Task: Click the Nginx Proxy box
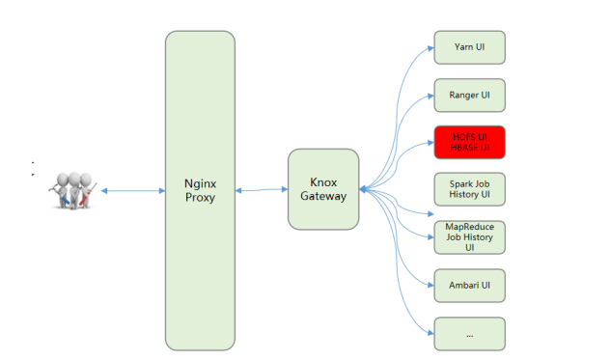(x=200, y=190)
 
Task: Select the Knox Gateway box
(x=323, y=189)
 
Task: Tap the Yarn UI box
(x=469, y=47)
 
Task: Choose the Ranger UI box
(x=469, y=95)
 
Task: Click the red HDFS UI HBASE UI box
(x=469, y=142)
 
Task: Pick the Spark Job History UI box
(x=469, y=188)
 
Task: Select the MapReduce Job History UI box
(x=469, y=236)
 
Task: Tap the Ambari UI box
(x=469, y=286)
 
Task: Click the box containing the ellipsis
(x=469, y=333)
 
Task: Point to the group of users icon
(x=71, y=191)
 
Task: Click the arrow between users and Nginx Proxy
(x=132, y=191)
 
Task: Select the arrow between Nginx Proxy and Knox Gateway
(x=262, y=190)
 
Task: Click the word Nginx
(x=200, y=181)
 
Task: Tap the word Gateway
(x=323, y=197)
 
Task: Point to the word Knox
(x=323, y=181)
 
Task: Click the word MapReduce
(x=469, y=227)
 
